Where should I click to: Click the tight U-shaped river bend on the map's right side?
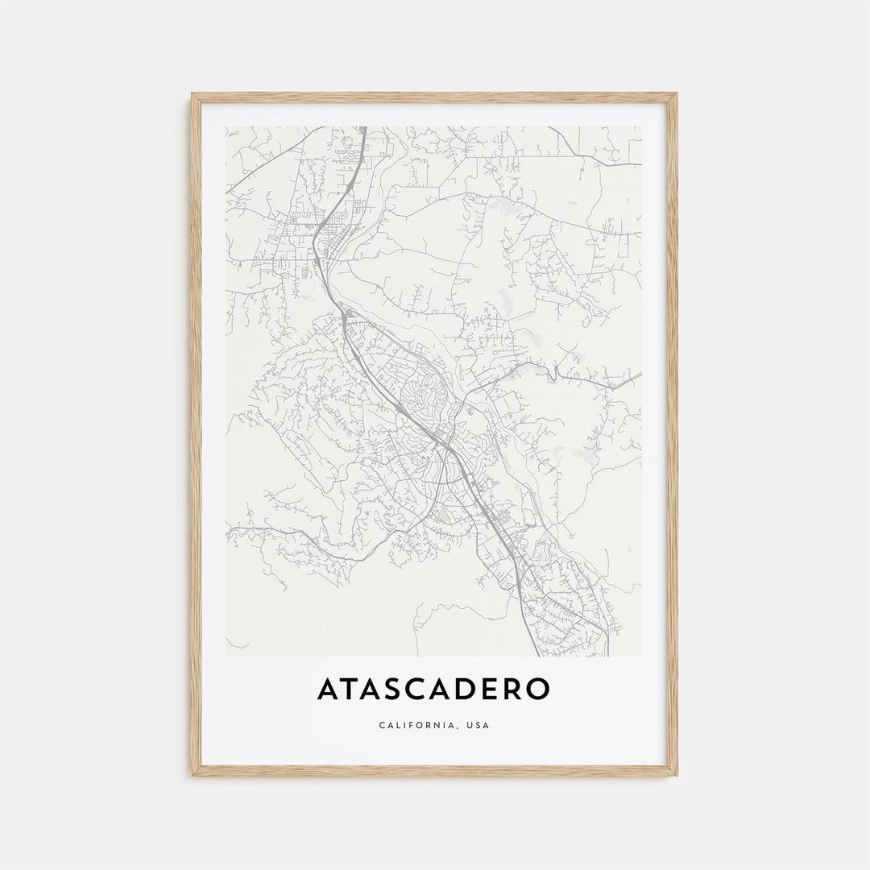[x=555, y=371]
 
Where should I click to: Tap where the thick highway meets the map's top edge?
[x=363, y=128]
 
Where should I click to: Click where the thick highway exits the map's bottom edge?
[x=538, y=654]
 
